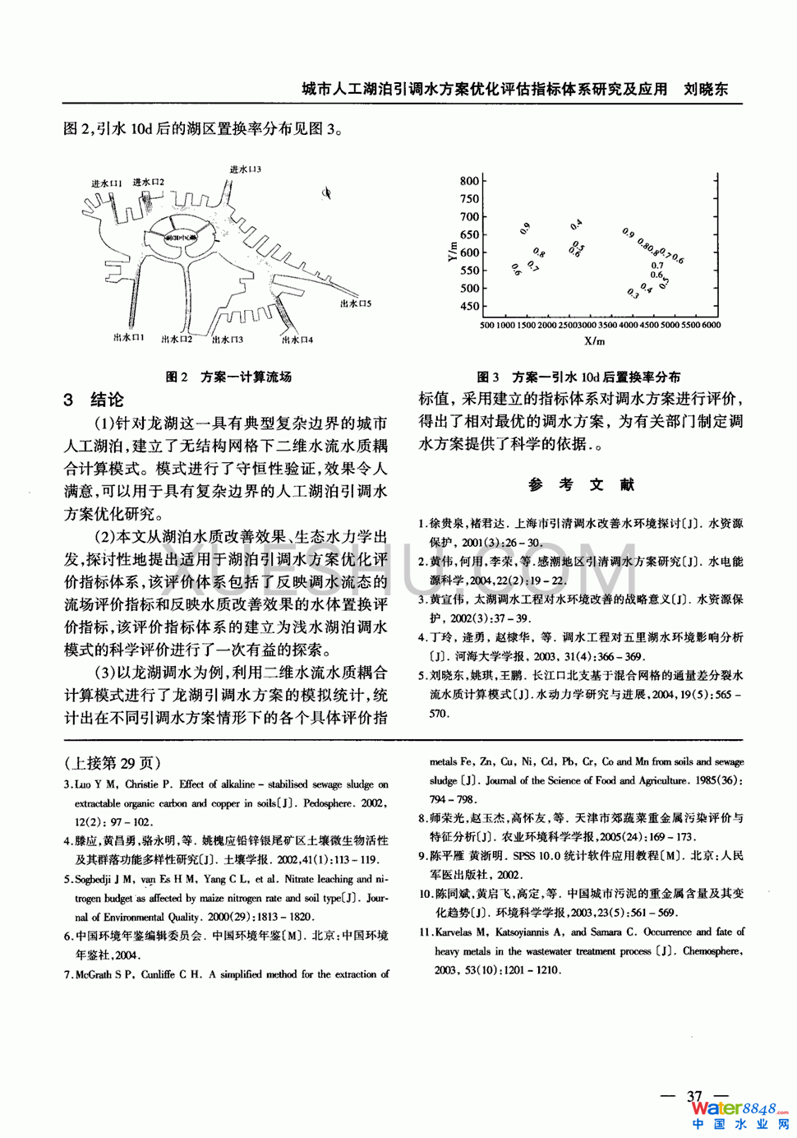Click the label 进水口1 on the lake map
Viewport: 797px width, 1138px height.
[x=107, y=183]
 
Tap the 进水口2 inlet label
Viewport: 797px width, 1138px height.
[x=148, y=182]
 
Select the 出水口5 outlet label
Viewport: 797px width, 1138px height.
[x=356, y=303]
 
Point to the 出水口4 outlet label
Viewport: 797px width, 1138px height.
[x=297, y=339]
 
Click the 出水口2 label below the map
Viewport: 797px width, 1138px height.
[x=177, y=339]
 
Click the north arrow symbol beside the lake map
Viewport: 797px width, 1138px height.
[x=326, y=193]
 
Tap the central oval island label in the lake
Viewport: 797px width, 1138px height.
[x=181, y=238]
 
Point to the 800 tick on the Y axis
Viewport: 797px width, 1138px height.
[x=469, y=181]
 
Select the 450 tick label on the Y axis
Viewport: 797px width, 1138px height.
[x=469, y=306]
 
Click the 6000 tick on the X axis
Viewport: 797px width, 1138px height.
[x=711, y=325]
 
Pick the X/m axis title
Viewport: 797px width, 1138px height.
[x=594, y=341]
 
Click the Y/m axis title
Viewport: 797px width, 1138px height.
[x=451, y=251]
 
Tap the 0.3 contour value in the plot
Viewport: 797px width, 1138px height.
[x=633, y=293]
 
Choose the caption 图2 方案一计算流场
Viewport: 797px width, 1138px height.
[x=228, y=377]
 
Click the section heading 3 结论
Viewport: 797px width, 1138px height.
[x=94, y=400]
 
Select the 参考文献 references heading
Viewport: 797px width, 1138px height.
[x=581, y=484]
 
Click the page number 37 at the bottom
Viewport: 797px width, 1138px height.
[x=695, y=1096]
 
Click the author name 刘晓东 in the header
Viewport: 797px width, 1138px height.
[x=706, y=89]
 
